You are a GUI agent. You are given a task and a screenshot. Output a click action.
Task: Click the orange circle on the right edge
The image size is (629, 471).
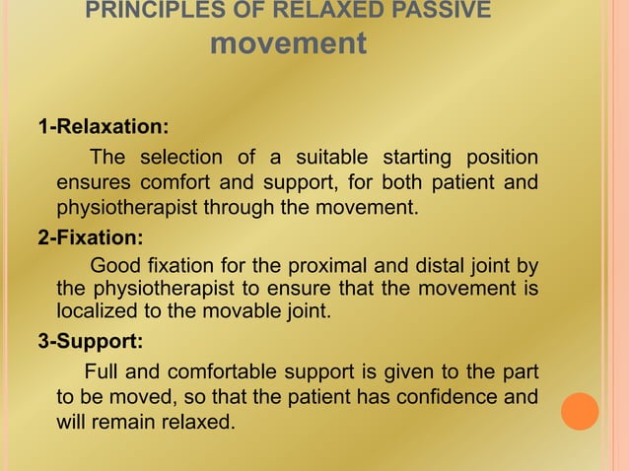point(581,411)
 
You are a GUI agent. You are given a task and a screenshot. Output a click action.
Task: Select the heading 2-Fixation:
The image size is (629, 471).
point(90,237)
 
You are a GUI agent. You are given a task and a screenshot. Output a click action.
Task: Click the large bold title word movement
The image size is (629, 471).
point(290,44)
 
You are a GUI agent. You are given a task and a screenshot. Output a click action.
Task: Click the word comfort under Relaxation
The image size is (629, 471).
point(175,183)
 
